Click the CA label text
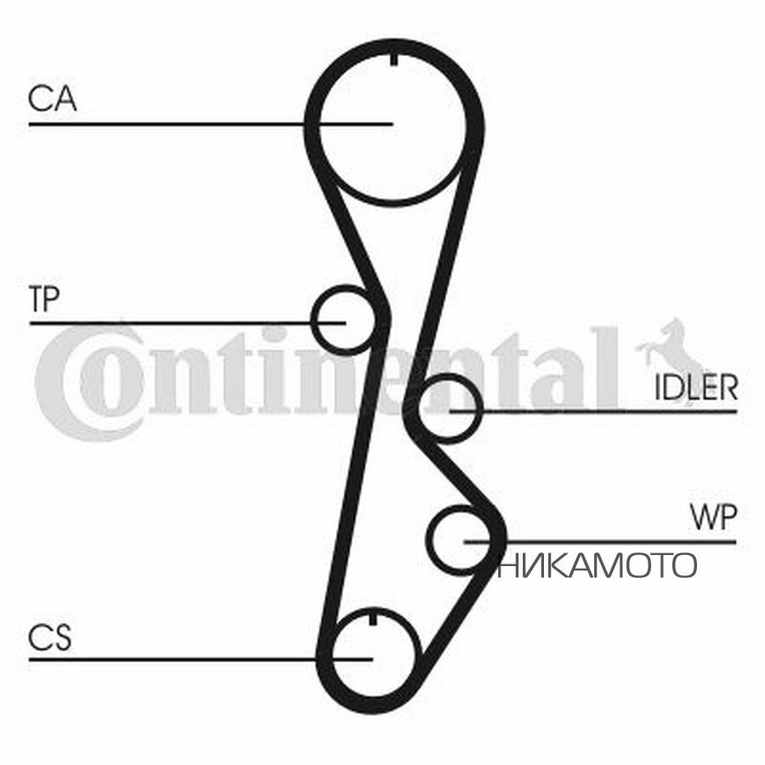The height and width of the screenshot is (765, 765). tap(52, 99)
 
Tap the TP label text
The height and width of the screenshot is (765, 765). tap(44, 298)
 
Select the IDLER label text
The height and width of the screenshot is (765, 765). tap(695, 388)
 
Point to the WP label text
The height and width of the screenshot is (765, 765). tap(713, 518)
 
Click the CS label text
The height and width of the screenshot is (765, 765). tap(50, 637)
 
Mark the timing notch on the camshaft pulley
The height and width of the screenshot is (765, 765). tap(393, 58)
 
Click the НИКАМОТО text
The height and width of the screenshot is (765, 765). tap(596, 565)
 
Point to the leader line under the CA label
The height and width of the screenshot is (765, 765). tap(211, 124)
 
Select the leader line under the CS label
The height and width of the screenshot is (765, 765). tap(201, 659)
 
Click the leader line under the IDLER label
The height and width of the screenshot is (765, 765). tap(593, 411)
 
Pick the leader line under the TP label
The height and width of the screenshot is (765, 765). tap(187, 323)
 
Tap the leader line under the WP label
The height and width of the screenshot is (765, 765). tap(599, 541)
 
